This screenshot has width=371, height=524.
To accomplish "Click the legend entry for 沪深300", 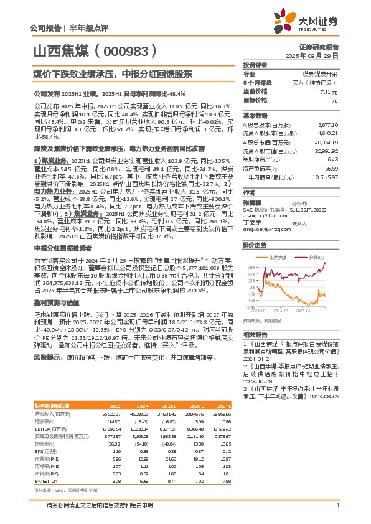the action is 316,256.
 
